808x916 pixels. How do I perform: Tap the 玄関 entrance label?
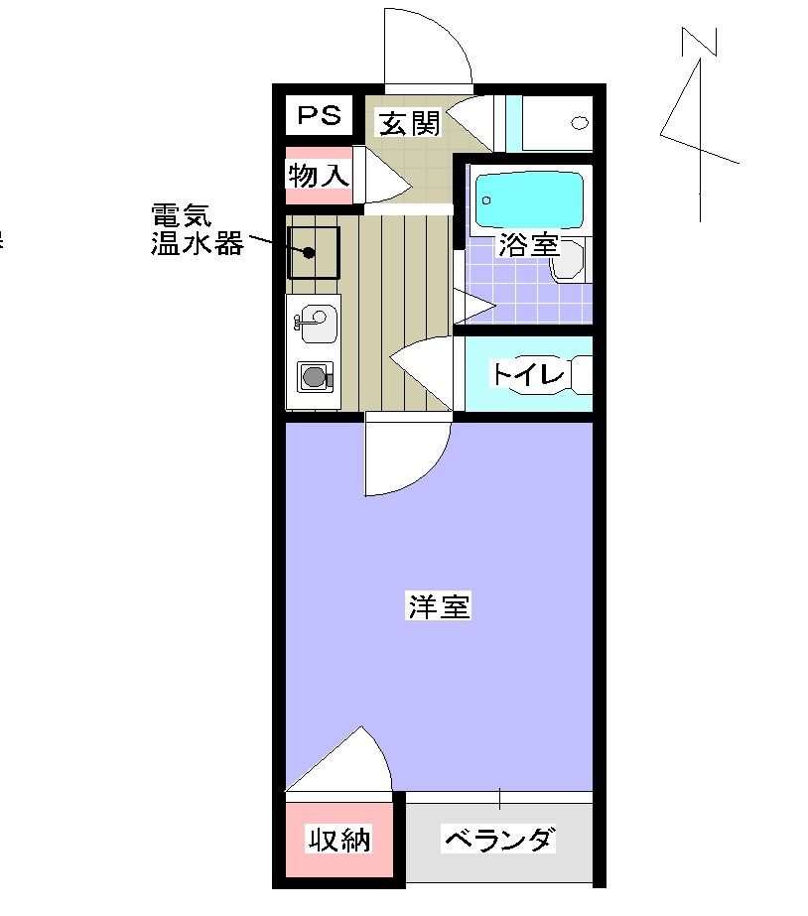coord(408,124)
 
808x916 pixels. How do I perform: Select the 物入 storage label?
coord(319,177)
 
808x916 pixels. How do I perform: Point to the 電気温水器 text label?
coord(196,230)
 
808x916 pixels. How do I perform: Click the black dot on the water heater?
coord(309,252)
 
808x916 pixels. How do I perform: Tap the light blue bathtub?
coord(530,200)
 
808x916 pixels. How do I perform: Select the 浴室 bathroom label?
coord(528,245)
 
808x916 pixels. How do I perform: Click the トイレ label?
coord(528,375)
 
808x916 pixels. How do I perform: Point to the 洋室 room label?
coord(438,606)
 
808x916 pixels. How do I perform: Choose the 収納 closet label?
coord(337,841)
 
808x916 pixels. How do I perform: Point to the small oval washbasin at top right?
coord(579,123)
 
